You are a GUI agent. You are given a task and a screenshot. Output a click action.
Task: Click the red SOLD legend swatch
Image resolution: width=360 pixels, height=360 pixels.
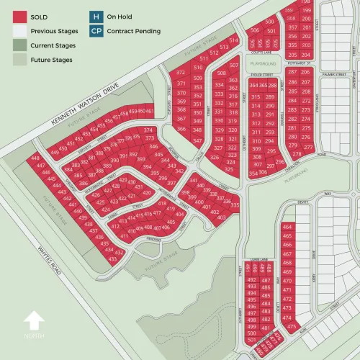pyautogui.click(x=20, y=17)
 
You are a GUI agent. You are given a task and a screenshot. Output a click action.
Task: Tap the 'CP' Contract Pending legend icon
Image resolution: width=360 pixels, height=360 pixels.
pyautogui.click(x=95, y=31)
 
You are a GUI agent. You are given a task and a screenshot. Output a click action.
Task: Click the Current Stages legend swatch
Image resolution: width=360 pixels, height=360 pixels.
pyautogui.click(x=20, y=45)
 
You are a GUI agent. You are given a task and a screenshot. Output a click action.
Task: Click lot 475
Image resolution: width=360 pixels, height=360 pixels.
pyautogui.click(x=291, y=326)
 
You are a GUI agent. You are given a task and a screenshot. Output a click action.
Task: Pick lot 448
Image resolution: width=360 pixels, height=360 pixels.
pyautogui.click(x=35, y=158)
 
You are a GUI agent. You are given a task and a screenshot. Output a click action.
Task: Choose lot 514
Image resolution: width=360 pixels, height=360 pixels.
pyautogui.click(x=233, y=40)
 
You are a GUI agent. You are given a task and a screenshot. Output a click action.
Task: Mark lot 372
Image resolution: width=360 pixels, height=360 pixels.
pyautogui.click(x=179, y=73)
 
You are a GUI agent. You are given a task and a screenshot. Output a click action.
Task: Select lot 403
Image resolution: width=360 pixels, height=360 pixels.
pyautogui.click(x=222, y=216)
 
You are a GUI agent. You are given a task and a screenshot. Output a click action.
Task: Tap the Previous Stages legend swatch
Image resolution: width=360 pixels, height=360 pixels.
pyautogui.click(x=20, y=32)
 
